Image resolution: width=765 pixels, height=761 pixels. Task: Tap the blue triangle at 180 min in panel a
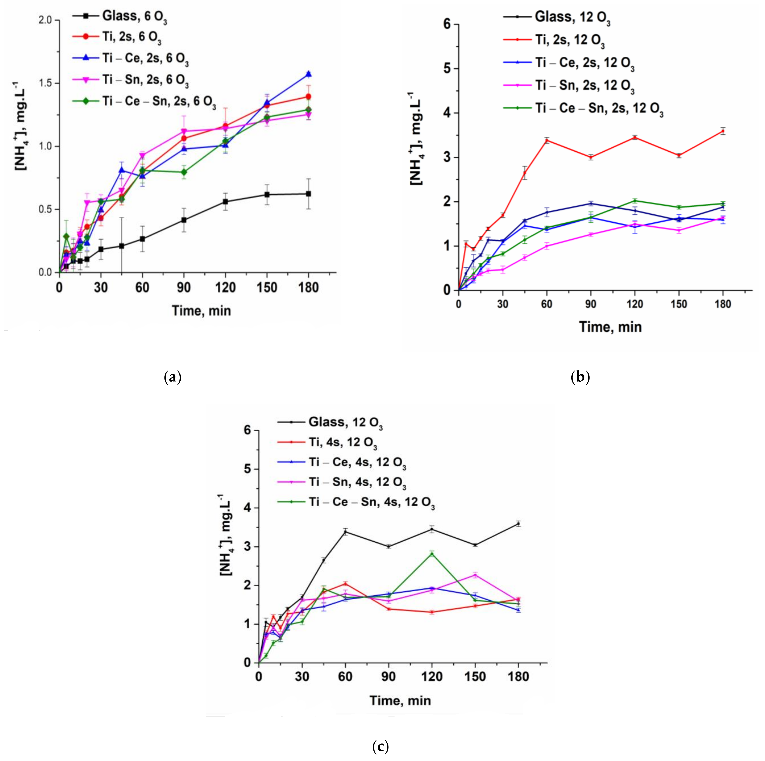coord(309,74)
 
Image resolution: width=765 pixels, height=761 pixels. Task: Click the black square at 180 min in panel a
coord(309,194)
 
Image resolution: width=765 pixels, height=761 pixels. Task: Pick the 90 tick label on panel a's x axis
coord(184,287)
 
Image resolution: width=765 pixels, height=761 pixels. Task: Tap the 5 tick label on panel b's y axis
coord(447,69)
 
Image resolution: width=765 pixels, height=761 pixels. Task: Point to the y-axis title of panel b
coord(416,138)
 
